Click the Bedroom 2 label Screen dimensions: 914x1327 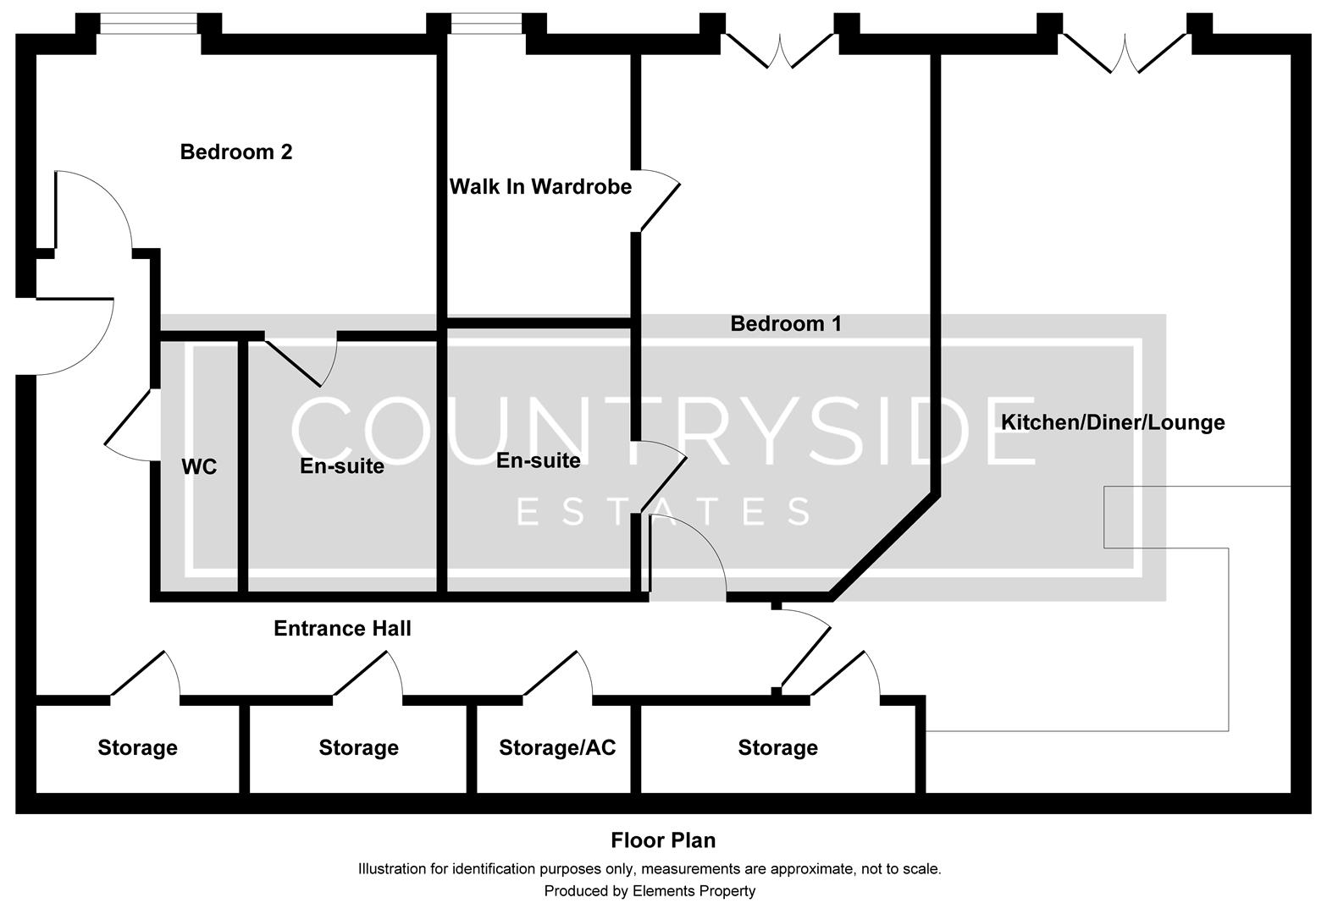pyautogui.click(x=236, y=152)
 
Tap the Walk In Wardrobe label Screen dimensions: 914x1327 pyautogui.click(x=540, y=187)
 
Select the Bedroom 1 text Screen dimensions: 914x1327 pyautogui.click(x=786, y=324)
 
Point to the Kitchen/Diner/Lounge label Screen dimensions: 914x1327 pyautogui.click(x=1113, y=422)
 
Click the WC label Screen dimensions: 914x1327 pyautogui.click(x=199, y=466)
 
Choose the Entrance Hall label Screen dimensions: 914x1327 pyautogui.click(x=342, y=628)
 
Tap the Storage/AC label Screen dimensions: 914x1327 pyautogui.click(x=557, y=748)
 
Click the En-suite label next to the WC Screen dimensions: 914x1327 pyautogui.click(x=342, y=466)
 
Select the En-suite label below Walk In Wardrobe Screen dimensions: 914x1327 pyautogui.click(x=539, y=460)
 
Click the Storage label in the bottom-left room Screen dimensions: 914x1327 pyautogui.click(x=137, y=748)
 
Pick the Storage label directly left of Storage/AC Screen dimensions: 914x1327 pyautogui.click(x=358, y=748)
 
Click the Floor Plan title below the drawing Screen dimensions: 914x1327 pyautogui.click(x=663, y=840)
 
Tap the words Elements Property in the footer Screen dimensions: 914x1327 pyautogui.click(x=694, y=891)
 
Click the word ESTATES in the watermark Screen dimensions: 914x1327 pyautogui.click(x=663, y=512)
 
